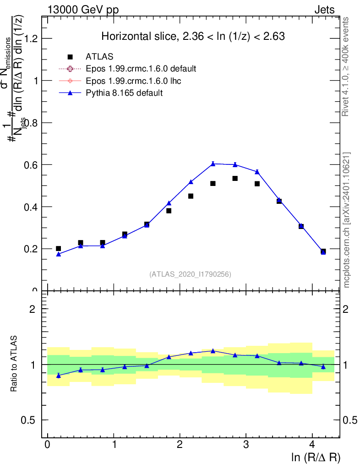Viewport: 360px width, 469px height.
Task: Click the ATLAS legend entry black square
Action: click(70, 57)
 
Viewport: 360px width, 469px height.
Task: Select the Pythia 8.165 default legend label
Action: click(124, 93)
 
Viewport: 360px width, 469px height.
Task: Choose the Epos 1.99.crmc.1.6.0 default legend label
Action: click(141, 69)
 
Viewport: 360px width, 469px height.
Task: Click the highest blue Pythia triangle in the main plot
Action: click(213, 164)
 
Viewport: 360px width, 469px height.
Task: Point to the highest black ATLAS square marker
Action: click(235, 178)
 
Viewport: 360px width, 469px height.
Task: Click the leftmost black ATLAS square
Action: click(59, 248)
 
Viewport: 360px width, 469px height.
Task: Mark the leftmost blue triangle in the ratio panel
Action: click(59, 376)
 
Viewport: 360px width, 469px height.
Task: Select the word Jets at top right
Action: click(324, 10)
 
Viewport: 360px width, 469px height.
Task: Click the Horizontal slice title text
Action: click(193, 37)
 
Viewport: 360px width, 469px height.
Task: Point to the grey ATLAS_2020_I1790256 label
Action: click(190, 274)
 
